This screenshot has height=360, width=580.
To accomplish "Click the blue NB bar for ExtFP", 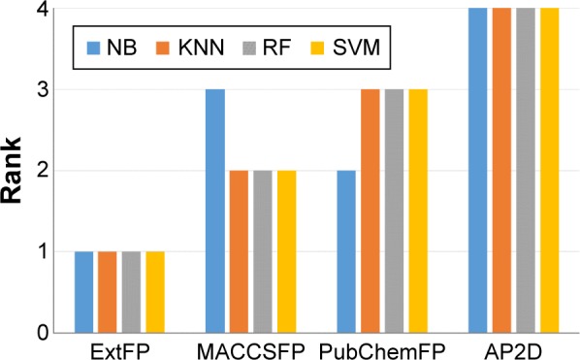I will click(x=84, y=292).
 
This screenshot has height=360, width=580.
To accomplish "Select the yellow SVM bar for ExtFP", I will click(x=155, y=292).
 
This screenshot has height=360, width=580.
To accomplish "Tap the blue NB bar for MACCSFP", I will click(x=215, y=211).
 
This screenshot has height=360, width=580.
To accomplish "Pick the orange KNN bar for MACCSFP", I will click(x=239, y=251).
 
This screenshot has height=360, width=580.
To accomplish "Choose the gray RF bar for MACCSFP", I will click(x=263, y=251).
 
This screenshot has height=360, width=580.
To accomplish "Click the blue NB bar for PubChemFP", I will click(x=346, y=251).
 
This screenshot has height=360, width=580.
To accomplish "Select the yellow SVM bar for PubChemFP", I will click(x=417, y=211).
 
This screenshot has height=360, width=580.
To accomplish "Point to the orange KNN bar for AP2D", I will click(x=501, y=170).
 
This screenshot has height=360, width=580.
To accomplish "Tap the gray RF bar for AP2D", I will click(x=526, y=170).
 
